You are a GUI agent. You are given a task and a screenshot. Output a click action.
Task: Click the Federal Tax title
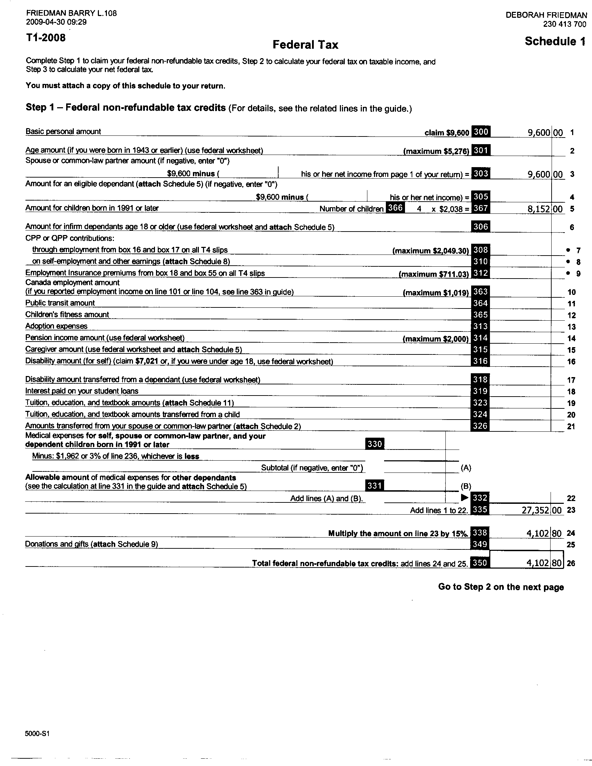click(x=305, y=45)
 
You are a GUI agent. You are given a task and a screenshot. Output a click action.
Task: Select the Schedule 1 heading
click(x=555, y=41)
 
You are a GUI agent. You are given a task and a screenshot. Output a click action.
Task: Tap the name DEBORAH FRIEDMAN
click(x=546, y=15)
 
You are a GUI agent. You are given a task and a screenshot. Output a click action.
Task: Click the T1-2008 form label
click(x=46, y=38)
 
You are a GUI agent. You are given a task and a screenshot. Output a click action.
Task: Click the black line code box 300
click(x=481, y=132)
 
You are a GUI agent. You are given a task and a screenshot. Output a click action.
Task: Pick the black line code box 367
click(x=481, y=208)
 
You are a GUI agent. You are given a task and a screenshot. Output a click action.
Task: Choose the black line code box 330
click(x=375, y=444)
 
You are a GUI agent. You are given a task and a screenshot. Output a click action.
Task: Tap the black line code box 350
click(x=480, y=563)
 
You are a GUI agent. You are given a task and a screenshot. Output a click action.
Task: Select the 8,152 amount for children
click(x=538, y=209)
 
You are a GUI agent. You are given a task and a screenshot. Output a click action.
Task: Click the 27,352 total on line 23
click(x=536, y=510)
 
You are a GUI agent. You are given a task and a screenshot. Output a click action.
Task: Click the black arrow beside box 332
click(x=465, y=497)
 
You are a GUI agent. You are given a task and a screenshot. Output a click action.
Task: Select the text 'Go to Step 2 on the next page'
click(x=501, y=587)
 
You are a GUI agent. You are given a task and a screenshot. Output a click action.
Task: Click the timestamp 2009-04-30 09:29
click(x=56, y=22)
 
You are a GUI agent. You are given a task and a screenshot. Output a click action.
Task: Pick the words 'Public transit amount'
click(x=60, y=303)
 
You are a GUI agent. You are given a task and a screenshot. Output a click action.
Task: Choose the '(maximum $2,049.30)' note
click(x=430, y=251)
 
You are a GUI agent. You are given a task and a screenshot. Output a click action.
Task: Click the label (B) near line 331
click(x=465, y=486)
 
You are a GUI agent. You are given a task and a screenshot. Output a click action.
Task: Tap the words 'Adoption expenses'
click(x=56, y=326)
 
